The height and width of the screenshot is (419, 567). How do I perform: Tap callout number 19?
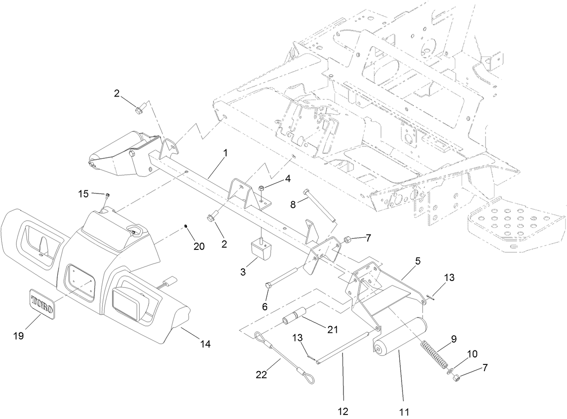pos(18,336)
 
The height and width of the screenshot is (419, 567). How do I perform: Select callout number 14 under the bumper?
pos(206,344)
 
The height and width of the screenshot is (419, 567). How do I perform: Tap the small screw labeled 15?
pos(108,195)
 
